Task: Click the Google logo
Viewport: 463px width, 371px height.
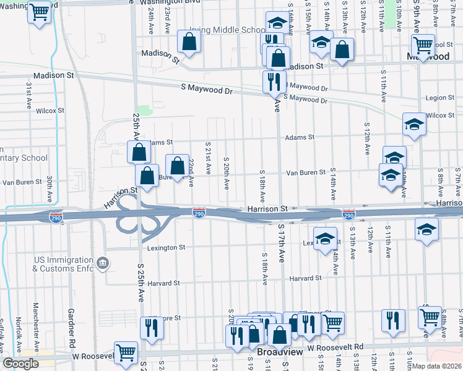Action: [20, 363]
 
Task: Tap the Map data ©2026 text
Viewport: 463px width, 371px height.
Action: [437, 366]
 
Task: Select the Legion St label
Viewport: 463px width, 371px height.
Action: [440, 98]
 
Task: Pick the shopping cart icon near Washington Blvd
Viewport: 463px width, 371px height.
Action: [40, 11]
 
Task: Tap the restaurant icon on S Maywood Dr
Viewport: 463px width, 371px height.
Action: [274, 80]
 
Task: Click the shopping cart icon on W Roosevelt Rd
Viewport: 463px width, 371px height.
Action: [126, 352]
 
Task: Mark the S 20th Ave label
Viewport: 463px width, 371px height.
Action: [227, 174]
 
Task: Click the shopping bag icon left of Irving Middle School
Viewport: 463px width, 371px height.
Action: [189, 41]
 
